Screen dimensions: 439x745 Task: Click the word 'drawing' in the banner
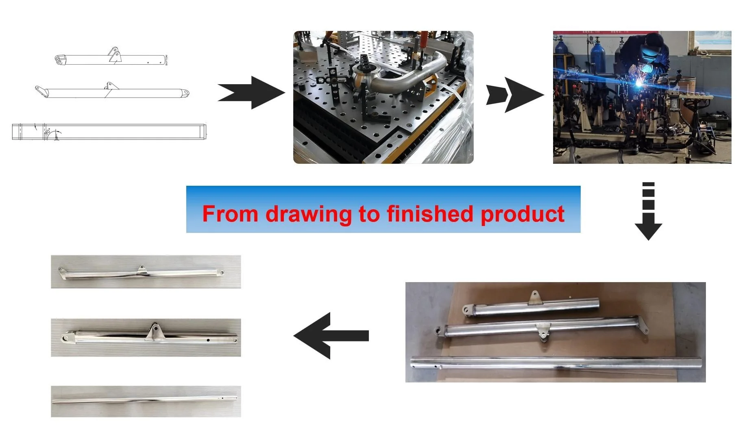point(308,214)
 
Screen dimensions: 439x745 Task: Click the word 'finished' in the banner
point(430,214)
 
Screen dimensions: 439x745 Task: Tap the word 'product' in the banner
point(522,214)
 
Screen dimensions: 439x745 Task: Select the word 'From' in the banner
point(230,214)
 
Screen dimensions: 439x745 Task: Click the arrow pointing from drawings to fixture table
point(252,93)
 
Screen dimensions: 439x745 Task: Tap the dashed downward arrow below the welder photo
point(648,211)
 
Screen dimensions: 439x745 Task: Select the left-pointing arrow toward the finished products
point(330,336)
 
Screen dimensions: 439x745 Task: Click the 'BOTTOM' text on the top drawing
point(166,60)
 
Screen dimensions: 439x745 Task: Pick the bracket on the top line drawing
point(115,54)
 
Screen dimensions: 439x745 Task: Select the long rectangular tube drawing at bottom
point(109,132)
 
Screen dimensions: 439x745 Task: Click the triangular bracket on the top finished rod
point(141,269)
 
